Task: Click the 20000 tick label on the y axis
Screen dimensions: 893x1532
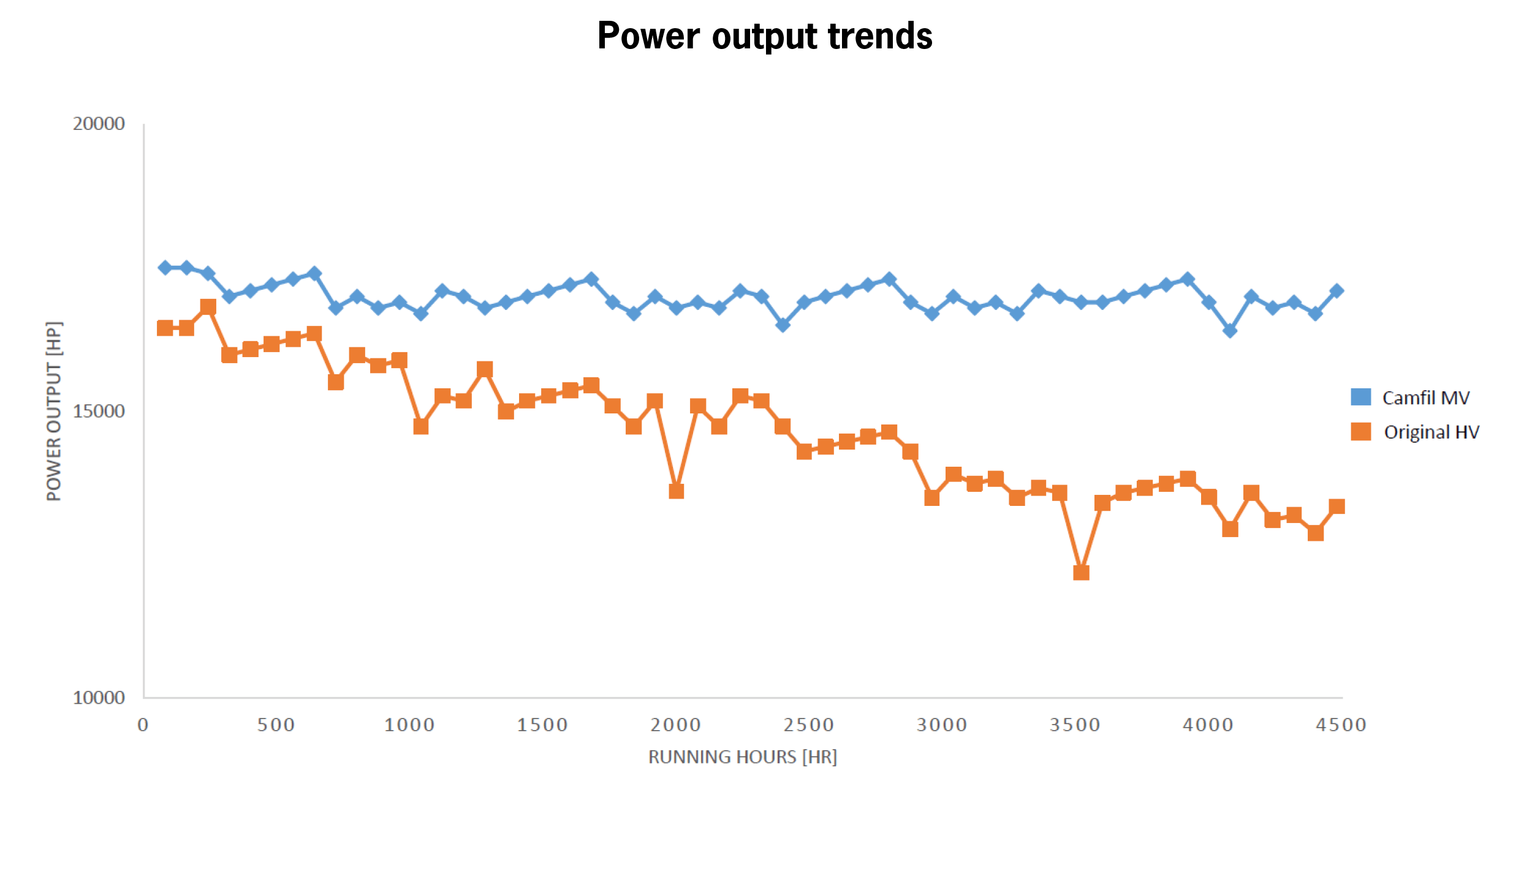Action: pyautogui.click(x=99, y=124)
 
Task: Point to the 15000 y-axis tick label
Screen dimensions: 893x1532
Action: pyautogui.click(x=99, y=410)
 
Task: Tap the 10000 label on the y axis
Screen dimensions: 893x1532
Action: pyautogui.click(x=99, y=697)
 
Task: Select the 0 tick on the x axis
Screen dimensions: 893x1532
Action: pyautogui.click(x=143, y=725)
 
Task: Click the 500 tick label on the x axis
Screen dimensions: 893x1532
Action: pyautogui.click(x=276, y=725)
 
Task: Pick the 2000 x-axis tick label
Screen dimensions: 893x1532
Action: pyautogui.click(x=676, y=725)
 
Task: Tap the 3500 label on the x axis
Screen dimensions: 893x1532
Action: pyautogui.click(x=1075, y=725)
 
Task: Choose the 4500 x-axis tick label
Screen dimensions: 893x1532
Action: pyautogui.click(x=1341, y=725)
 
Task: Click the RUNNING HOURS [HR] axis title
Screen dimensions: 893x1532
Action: pyautogui.click(x=743, y=757)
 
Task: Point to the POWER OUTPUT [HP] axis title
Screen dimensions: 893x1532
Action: pyautogui.click(x=54, y=411)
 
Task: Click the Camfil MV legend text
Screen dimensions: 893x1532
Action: pyautogui.click(x=1426, y=398)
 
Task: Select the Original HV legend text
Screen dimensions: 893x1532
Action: pyautogui.click(x=1432, y=432)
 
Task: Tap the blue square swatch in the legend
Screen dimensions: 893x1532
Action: pyautogui.click(x=1361, y=397)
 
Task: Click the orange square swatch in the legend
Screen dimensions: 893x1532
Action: pyautogui.click(x=1361, y=432)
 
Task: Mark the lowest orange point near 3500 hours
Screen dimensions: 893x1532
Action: pyautogui.click(x=1081, y=573)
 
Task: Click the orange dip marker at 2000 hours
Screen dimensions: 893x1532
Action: pyautogui.click(x=676, y=491)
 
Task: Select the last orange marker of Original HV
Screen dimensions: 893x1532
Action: pyautogui.click(x=1337, y=507)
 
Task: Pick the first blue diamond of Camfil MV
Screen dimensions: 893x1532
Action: pyautogui.click(x=165, y=268)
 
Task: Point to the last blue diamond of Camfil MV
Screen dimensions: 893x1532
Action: pyautogui.click(x=1337, y=291)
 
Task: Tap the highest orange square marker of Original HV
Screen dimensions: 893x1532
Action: pyautogui.click(x=208, y=307)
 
